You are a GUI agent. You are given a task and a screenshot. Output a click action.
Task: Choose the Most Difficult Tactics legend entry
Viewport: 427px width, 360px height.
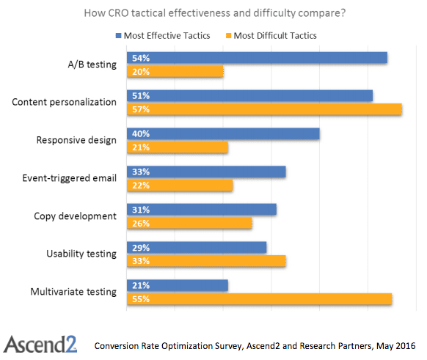tap(272, 34)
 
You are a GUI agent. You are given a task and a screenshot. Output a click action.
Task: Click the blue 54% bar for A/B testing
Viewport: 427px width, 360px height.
tap(257, 58)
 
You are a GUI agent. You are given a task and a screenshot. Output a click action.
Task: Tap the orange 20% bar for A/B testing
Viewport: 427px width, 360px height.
tap(175, 72)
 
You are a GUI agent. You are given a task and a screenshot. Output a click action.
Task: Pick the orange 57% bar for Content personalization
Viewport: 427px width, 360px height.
tap(264, 109)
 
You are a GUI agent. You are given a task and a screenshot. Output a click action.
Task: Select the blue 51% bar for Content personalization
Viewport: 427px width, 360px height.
tap(249, 95)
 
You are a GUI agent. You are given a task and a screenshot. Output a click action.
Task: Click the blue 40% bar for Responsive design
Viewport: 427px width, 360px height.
tap(223, 133)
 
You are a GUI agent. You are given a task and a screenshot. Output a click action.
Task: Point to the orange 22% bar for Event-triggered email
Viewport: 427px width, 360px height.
tap(180, 185)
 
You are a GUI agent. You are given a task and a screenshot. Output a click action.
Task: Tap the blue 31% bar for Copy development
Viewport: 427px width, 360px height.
tap(202, 210)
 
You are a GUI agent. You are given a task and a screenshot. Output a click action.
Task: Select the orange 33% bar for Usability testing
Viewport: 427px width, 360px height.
tap(206, 261)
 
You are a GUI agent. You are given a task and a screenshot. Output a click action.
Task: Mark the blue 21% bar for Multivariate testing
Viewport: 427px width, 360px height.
tap(178, 285)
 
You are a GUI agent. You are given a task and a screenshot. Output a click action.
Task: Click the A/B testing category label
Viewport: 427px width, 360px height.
tap(91, 65)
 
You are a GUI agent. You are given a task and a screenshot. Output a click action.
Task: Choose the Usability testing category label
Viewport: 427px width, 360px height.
tap(81, 254)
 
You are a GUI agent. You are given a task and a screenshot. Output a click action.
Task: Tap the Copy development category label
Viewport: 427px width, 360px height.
tap(76, 216)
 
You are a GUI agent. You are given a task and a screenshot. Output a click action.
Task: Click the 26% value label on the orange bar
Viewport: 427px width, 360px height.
tap(141, 224)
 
